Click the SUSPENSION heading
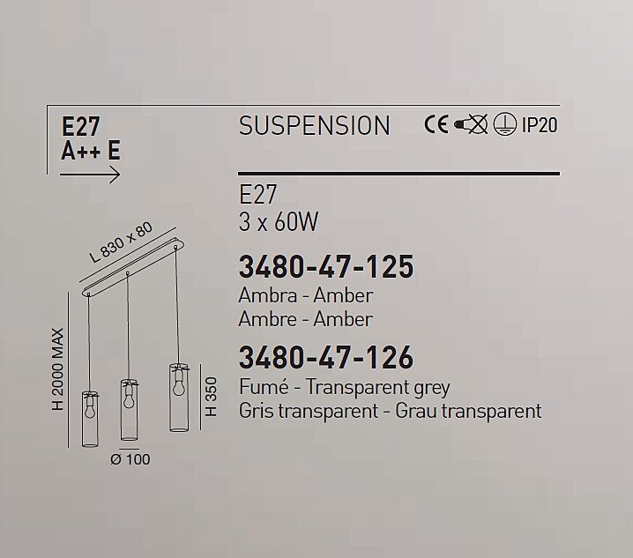(x=315, y=125)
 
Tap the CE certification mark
(x=436, y=124)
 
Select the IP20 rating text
(x=540, y=125)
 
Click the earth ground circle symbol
(x=504, y=124)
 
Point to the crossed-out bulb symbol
(x=471, y=124)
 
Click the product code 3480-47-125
(x=326, y=267)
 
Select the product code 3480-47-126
(x=326, y=358)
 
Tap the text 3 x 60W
(x=279, y=221)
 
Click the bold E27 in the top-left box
(x=80, y=126)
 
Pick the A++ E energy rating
(x=91, y=151)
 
